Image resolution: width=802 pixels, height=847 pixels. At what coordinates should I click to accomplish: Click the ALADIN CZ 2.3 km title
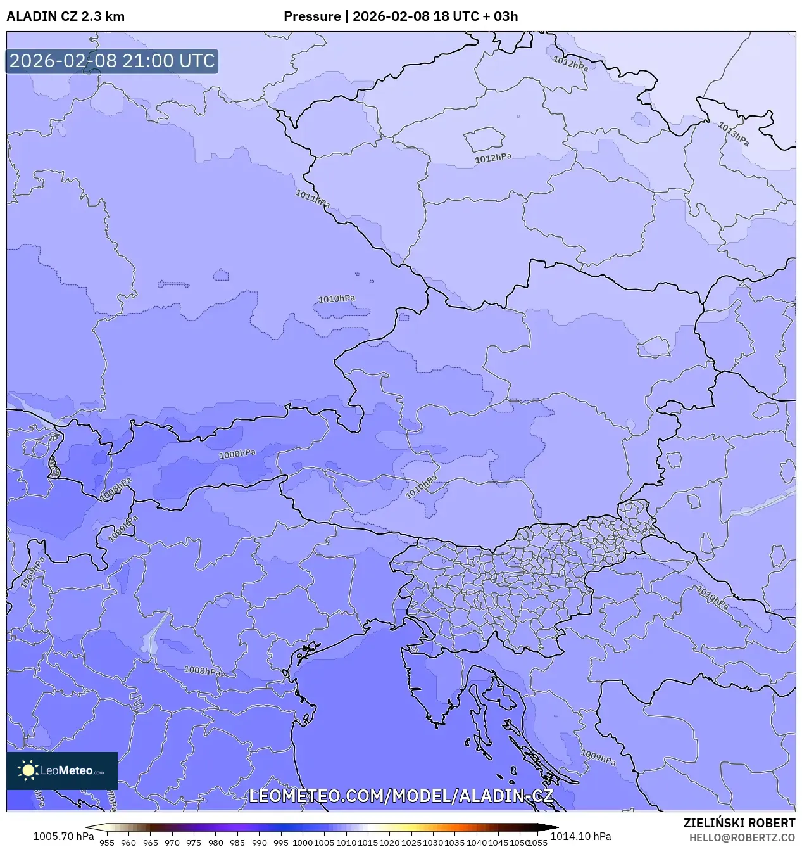click(x=65, y=16)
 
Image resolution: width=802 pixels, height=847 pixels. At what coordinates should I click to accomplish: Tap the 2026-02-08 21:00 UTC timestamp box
click(x=112, y=61)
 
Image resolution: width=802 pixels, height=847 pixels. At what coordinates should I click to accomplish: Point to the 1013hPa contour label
click(x=734, y=134)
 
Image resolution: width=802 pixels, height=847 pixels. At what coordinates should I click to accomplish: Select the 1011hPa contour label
click(x=313, y=198)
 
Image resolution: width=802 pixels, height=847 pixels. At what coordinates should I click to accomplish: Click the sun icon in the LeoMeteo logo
click(x=28, y=770)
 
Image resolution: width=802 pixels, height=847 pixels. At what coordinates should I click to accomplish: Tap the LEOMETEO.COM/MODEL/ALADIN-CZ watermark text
click(x=401, y=796)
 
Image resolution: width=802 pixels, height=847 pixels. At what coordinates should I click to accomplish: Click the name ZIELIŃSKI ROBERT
click(x=739, y=823)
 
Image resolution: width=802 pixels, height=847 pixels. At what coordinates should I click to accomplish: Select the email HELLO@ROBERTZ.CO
click(x=742, y=837)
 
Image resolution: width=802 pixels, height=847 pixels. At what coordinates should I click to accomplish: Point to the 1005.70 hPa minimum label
click(x=63, y=836)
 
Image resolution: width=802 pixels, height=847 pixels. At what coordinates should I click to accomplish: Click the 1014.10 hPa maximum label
click(x=580, y=836)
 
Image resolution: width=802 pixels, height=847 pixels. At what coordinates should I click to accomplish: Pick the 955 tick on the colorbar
click(x=107, y=843)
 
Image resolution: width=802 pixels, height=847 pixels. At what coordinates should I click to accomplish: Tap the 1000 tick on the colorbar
click(x=303, y=843)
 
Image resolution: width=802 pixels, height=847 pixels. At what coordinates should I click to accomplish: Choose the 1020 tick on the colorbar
click(x=389, y=843)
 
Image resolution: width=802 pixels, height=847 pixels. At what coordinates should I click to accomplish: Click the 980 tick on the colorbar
click(x=216, y=843)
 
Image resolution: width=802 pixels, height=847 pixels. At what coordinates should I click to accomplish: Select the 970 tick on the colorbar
click(x=172, y=843)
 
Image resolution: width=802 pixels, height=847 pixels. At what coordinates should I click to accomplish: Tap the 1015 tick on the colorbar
click(x=368, y=843)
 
